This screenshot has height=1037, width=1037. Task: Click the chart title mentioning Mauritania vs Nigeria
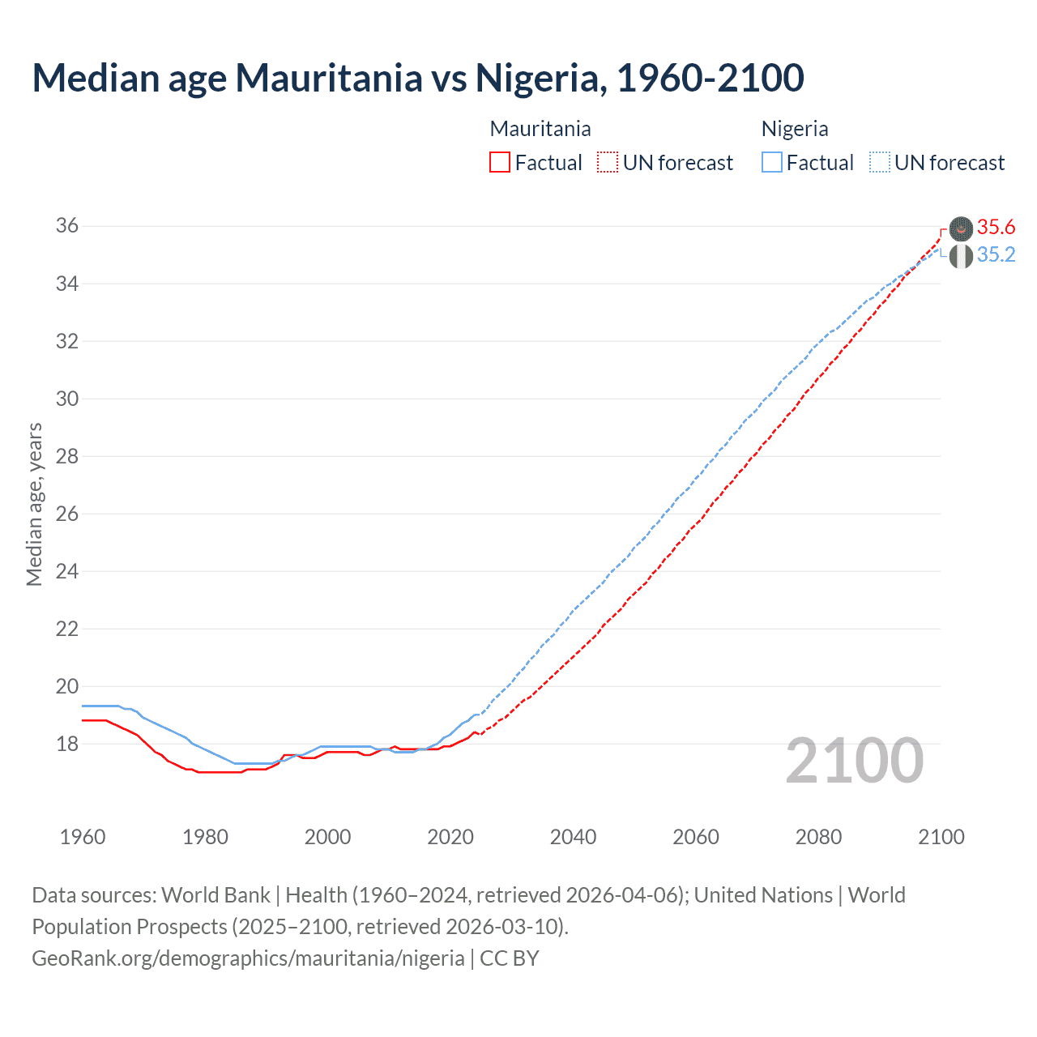(x=417, y=79)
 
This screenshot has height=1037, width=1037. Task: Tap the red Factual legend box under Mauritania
(x=500, y=162)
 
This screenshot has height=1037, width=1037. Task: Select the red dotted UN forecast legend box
(x=608, y=162)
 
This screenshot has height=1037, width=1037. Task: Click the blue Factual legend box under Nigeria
(x=772, y=162)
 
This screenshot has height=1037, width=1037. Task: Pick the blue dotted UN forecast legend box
(x=880, y=162)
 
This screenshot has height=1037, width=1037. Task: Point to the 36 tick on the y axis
(x=67, y=226)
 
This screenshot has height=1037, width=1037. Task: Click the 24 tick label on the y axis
(x=67, y=571)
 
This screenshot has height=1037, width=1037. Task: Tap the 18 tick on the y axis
(x=67, y=744)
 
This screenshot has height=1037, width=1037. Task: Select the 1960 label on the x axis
(x=83, y=837)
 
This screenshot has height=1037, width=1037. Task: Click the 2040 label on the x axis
(x=573, y=837)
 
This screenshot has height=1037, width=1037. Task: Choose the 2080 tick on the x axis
(x=818, y=837)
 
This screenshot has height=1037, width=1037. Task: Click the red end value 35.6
(x=996, y=228)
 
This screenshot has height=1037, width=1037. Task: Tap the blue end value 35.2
(x=996, y=255)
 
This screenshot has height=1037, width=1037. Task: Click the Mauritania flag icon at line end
(x=961, y=229)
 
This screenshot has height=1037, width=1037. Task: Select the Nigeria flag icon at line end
(x=961, y=257)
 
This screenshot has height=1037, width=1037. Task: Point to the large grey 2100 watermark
(x=854, y=761)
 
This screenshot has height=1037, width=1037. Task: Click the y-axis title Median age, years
(x=34, y=504)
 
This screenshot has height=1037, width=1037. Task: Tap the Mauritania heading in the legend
(x=540, y=129)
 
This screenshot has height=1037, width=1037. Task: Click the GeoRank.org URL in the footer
(x=248, y=958)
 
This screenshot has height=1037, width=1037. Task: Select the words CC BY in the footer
(x=510, y=958)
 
